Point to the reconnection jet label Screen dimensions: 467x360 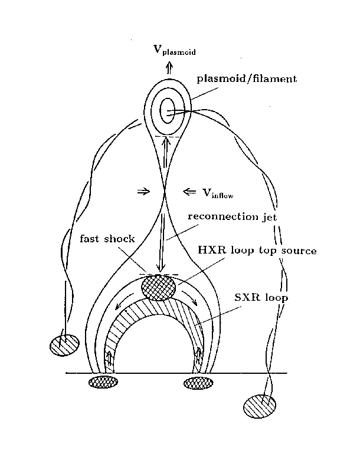click(x=231, y=216)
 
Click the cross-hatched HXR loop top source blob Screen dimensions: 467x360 click(x=159, y=288)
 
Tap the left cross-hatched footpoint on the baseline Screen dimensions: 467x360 click(x=103, y=383)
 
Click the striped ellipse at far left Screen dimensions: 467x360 click(x=64, y=344)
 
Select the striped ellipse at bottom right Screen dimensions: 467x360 click(x=260, y=406)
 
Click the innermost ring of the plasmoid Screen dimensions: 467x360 click(x=168, y=110)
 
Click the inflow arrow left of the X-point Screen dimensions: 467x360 click(x=143, y=191)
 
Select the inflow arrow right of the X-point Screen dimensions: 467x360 click(x=190, y=191)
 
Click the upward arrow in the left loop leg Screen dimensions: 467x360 click(x=109, y=358)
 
